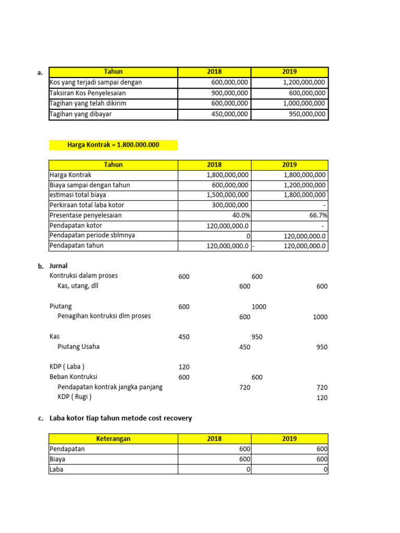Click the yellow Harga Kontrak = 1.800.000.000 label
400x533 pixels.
click(113, 145)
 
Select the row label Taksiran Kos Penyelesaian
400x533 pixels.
click(87, 93)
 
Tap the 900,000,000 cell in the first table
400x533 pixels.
click(230, 93)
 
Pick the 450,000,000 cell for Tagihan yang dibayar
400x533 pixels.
click(230, 114)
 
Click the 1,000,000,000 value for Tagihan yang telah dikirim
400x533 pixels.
click(304, 104)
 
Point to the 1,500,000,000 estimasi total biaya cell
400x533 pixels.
click(228, 195)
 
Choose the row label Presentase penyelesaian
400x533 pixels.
click(86, 215)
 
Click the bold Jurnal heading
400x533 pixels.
click(59, 266)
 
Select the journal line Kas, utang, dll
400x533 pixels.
click(78, 286)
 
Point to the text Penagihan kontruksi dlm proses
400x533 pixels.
click(104, 316)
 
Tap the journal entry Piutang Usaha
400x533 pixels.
click(79, 347)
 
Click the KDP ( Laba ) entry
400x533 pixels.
click(67, 366)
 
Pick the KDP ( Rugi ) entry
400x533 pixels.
click(74, 397)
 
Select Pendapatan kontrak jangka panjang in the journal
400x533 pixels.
click(110, 387)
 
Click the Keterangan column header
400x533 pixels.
click(113, 438)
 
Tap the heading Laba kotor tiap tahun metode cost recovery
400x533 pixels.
click(120, 418)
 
